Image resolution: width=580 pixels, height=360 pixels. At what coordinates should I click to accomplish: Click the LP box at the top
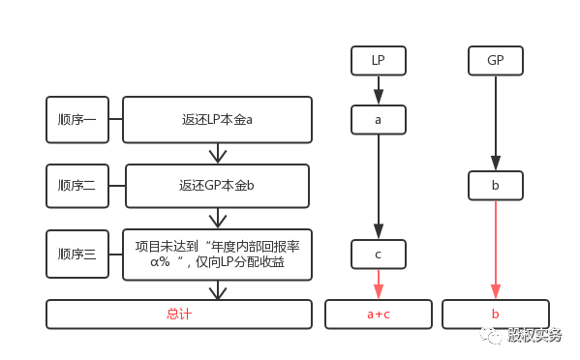pos(378,61)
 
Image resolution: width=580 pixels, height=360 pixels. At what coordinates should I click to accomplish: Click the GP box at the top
pos(496,61)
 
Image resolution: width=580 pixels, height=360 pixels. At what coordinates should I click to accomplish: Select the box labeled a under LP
pos(378,120)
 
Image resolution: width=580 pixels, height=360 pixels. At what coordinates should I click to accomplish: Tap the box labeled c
pos(378,255)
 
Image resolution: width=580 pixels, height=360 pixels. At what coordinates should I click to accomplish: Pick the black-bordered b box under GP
pos(496,186)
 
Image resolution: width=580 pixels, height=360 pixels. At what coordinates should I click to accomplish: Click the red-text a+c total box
pos(378,315)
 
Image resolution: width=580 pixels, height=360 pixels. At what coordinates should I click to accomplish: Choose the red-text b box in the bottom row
pos(496,315)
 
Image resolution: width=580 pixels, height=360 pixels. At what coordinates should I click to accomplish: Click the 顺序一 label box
pos(77,120)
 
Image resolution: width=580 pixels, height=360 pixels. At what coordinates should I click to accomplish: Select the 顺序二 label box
pos(77,186)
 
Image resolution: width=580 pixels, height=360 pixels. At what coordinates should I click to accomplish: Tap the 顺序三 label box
pos(77,255)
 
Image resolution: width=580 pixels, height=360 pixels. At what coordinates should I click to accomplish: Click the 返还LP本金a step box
pos(217,120)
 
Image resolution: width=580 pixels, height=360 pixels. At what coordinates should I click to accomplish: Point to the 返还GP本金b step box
pos(217,186)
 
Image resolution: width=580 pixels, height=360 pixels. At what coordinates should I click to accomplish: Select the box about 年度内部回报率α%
pos(217,255)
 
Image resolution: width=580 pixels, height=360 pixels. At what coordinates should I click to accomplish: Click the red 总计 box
pos(179,315)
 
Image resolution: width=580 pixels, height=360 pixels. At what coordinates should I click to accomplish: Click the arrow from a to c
pos(378,187)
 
